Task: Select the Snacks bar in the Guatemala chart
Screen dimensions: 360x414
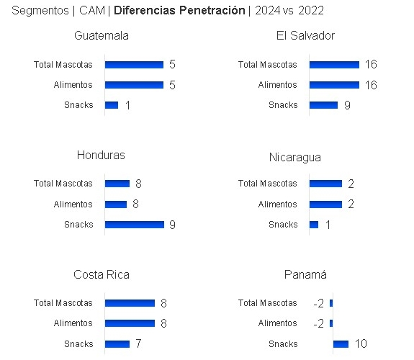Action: (x=112, y=105)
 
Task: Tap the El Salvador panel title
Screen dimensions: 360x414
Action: (x=305, y=36)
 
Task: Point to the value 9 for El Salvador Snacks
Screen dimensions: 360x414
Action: (x=347, y=105)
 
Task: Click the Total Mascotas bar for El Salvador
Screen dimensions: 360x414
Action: (x=334, y=64)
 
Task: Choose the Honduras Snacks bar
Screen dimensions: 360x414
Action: (x=135, y=225)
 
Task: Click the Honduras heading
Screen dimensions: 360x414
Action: (x=101, y=156)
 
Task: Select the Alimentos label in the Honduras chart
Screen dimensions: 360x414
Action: (x=73, y=204)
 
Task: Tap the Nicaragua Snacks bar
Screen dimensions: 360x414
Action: (x=314, y=225)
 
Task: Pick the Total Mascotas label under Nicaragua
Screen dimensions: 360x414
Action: (x=267, y=184)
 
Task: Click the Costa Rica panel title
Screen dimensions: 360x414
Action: (x=102, y=275)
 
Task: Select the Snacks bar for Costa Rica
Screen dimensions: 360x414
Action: (x=117, y=343)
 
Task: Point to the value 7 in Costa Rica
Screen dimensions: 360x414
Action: (x=138, y=343)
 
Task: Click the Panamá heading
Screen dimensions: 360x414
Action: (x=305, y=275)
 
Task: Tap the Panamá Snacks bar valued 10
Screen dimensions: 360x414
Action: (x=341, y=343)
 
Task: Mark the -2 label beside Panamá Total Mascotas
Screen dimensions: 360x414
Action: (x=318, y=303)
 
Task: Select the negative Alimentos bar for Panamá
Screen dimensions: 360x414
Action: (x=331, y=323)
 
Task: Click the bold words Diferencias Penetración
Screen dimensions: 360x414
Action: (x=179, y=11)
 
